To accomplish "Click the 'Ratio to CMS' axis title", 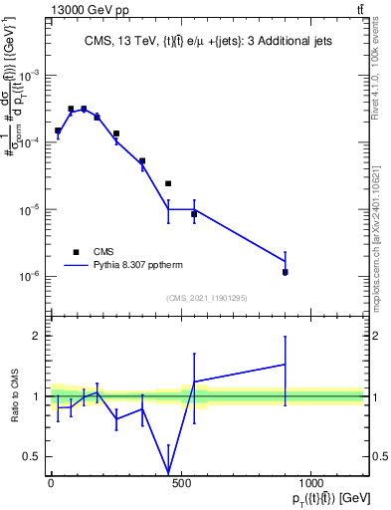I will [13, 395].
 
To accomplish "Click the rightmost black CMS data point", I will [286, 272].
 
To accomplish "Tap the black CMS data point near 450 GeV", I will [168, 183].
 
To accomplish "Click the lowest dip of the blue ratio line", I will [168, 472].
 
